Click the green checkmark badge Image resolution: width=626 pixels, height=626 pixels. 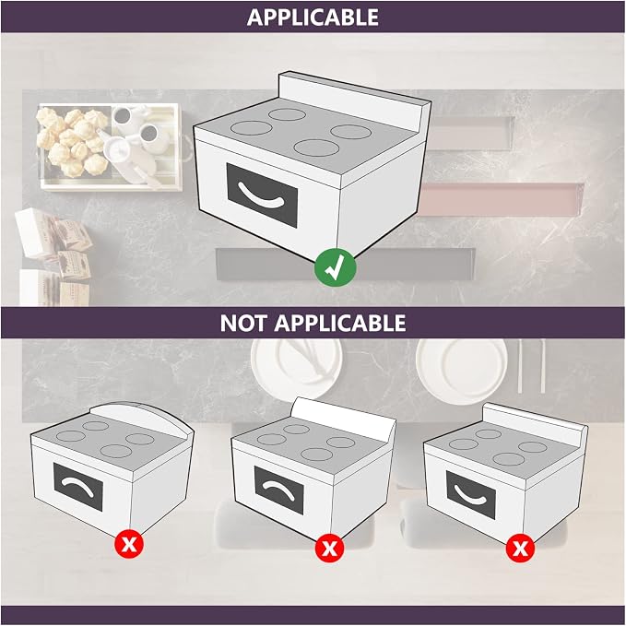click(335, 267)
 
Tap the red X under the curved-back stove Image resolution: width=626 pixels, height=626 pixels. click(129, 543)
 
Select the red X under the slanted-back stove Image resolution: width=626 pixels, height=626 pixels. click(329, 548)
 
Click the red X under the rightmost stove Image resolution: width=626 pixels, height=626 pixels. click(520, 548)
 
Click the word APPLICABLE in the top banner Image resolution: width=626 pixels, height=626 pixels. click(313, 18)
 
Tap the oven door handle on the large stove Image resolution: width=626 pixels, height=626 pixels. click(261, 195)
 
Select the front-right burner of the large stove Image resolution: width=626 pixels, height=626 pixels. click(316, 148)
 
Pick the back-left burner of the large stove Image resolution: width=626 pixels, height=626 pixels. click(287, 114)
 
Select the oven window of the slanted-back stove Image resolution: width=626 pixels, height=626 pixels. click(278, 490)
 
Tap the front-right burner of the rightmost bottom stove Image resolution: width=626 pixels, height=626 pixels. click(508, 459)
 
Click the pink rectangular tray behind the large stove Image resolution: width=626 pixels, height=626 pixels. click(501, 200)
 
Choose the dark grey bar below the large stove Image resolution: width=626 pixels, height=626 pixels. click(346, 265)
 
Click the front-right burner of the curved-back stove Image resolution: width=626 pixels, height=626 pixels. click(116, 451)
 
